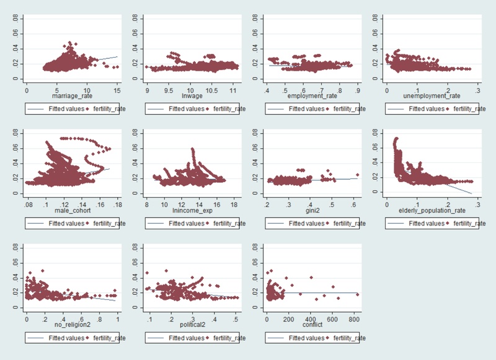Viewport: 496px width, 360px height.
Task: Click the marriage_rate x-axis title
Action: tap(71, 97)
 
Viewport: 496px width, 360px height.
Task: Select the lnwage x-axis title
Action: tap(192, 97)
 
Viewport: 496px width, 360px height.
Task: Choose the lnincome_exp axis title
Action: tap(192, 211)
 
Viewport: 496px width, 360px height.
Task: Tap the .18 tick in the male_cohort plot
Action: tap(117, 204)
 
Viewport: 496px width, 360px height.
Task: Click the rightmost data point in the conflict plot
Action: tap(358, 294)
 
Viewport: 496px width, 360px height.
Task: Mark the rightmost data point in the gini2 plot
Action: tap(357, 175)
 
